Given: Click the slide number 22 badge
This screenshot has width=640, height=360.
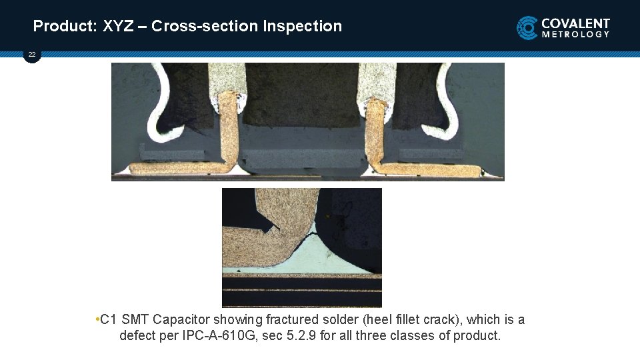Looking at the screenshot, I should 32,54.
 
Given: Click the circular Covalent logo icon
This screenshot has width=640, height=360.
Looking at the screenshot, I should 527,28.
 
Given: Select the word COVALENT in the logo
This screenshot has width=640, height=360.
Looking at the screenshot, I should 576,23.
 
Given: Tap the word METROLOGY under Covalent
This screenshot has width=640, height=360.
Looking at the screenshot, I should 576,35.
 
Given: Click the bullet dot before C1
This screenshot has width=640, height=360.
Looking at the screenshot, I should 97,319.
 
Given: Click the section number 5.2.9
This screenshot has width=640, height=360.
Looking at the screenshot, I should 299,335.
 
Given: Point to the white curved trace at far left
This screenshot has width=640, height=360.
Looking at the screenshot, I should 156,107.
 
